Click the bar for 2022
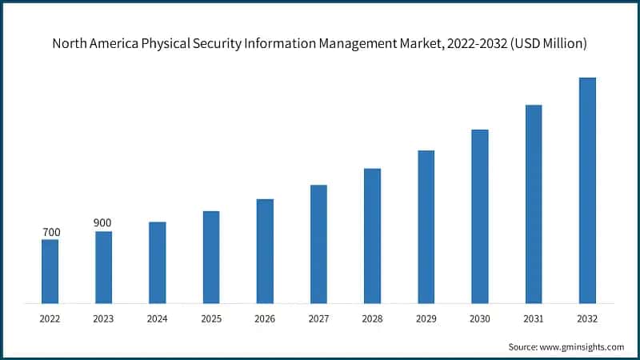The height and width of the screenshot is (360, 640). pos(50,271)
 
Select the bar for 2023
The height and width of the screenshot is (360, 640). pos(103,267)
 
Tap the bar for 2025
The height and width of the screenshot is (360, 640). pos(211,257)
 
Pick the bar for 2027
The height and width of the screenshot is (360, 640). pos(318,244)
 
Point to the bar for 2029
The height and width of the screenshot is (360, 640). pos(426,226)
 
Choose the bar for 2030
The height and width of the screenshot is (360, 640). pos(480,216)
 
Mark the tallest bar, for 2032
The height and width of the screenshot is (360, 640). pos(587,190)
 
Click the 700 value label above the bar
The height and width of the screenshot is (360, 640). pos(51,232)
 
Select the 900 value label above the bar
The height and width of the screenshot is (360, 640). pos(102,222)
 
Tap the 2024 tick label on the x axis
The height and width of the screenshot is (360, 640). pos(158,318)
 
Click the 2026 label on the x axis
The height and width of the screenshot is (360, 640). pos(265,318)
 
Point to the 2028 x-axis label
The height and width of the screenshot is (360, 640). pos(373,318)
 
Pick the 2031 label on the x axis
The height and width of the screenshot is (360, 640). pos(534,318)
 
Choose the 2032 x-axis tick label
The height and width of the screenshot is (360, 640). pos(587,318)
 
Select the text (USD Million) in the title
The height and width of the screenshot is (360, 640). pos(550,44)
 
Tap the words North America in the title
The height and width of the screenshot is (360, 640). pos(94,44)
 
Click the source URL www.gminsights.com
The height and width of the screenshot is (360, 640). pos(582,346)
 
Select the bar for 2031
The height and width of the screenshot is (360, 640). pos(534,204)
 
